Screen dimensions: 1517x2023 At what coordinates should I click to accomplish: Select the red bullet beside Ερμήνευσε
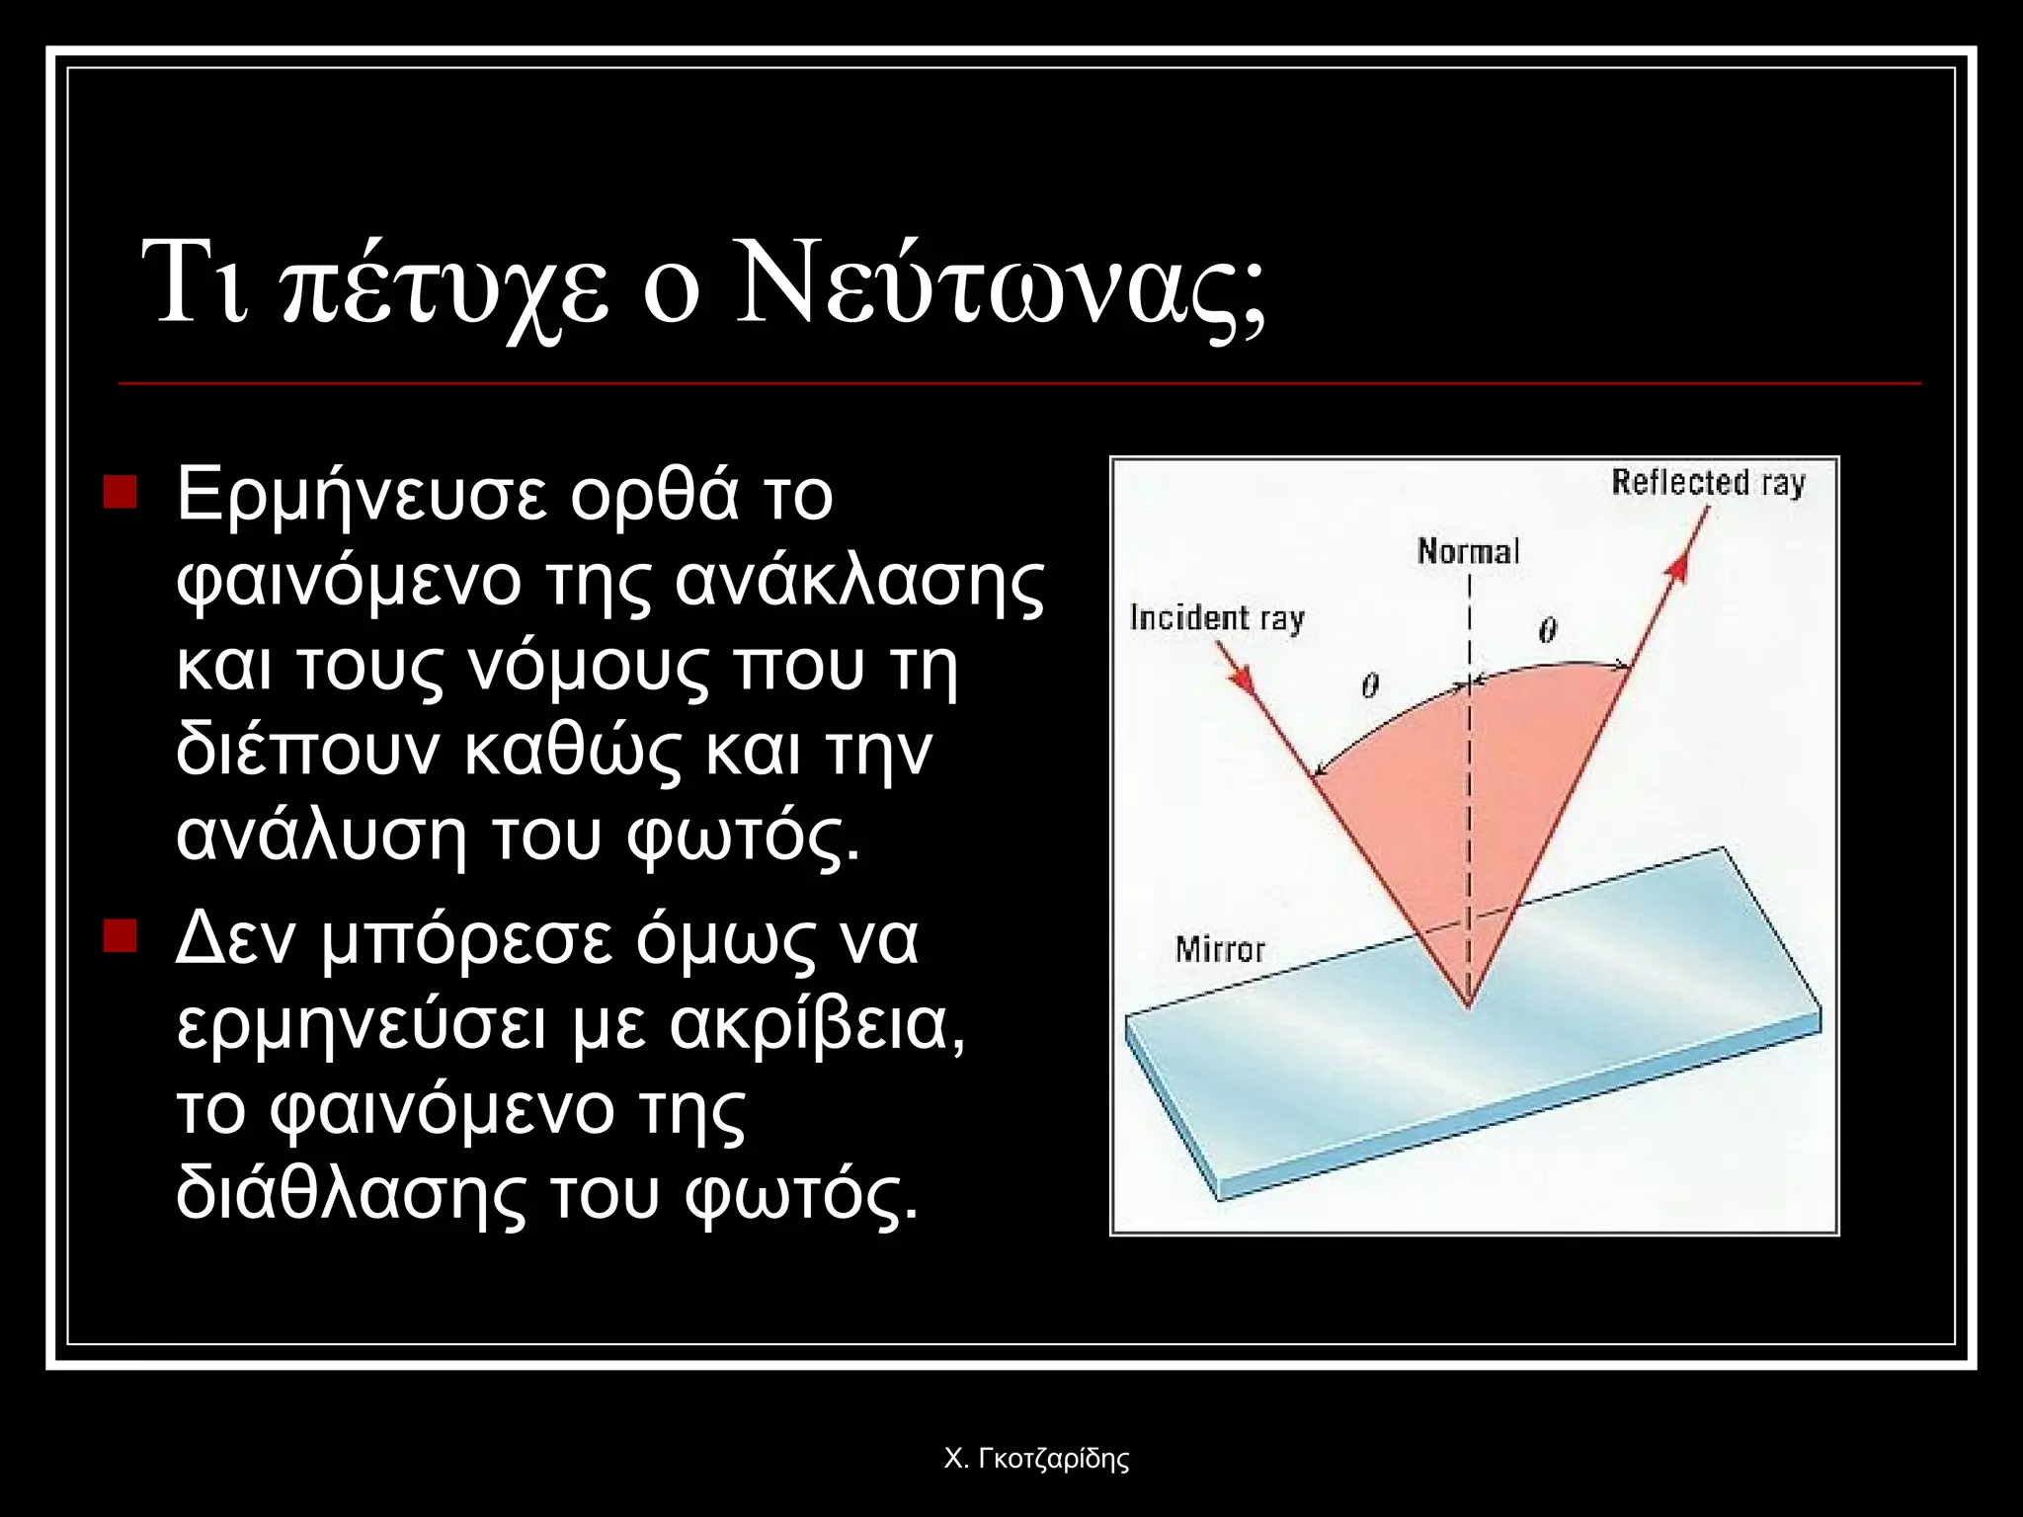120,492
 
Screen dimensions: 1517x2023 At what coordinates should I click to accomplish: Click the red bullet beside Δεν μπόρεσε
120,935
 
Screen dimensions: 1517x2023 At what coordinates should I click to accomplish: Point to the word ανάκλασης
858,583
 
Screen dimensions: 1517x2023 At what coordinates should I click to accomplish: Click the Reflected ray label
1708,483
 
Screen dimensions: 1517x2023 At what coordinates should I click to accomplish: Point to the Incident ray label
1217,618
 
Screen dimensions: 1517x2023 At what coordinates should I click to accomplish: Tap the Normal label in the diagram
1468,551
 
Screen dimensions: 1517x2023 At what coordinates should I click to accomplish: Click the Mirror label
1220,949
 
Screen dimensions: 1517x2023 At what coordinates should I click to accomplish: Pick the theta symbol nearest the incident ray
1369,684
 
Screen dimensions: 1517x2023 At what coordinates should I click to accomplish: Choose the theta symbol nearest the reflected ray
1547,629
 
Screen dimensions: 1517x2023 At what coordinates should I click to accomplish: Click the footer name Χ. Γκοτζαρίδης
1036,1459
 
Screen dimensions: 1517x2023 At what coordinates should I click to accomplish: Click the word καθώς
573,753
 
